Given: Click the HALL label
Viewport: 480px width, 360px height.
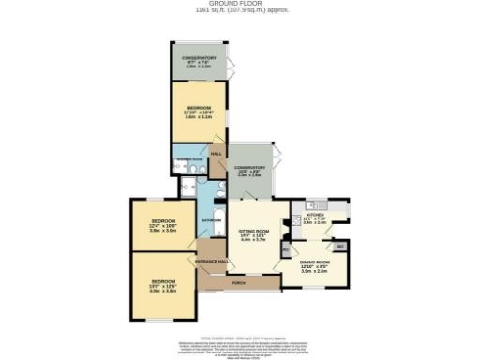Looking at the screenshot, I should pos(216,154).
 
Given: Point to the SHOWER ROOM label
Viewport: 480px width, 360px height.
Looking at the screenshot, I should pos(190,160).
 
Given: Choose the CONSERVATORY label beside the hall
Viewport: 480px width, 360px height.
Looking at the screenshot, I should pos(250,171).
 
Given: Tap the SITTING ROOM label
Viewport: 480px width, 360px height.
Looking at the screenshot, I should pos(254,234).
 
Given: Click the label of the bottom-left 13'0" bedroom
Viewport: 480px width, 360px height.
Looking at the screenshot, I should pos(164,286).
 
